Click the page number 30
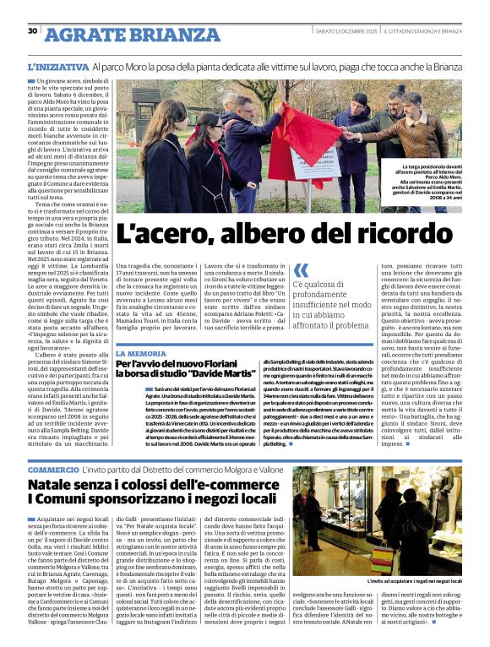(33, 31)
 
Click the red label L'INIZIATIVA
(57, 67)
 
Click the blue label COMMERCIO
(52, 469)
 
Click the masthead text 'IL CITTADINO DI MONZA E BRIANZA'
(423, 32)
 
